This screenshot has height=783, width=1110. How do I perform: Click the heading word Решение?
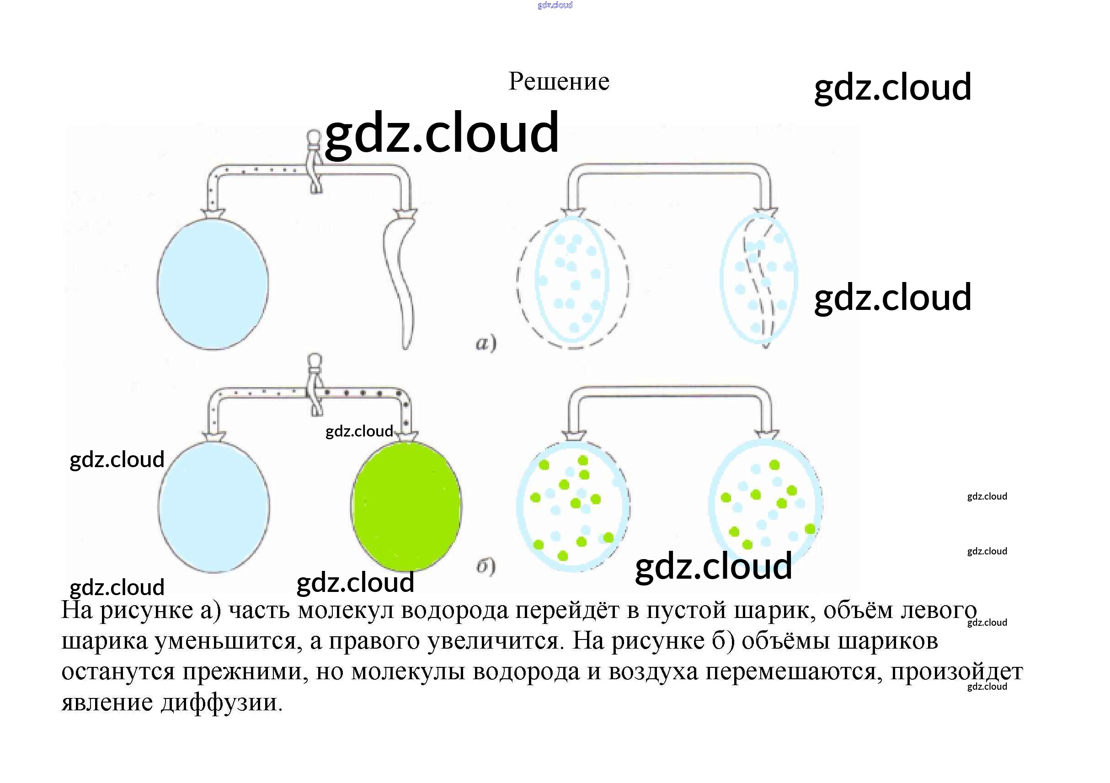coord(558,81)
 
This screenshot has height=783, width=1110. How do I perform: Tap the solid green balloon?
coord(406,506)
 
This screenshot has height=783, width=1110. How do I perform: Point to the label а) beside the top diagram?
coord(486,343)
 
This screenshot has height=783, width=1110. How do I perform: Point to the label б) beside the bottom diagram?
coord(486,565)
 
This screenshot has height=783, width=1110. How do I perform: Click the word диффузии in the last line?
coord(221,702)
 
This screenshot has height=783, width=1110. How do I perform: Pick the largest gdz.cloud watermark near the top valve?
coord(441,133)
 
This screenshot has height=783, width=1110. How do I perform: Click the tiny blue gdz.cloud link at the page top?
coord(555,5)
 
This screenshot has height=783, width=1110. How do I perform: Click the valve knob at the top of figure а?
coord(314,137)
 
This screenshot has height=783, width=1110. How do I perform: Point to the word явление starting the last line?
coord(107,702)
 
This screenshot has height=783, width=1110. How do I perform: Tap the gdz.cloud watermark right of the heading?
coord(892,87)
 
